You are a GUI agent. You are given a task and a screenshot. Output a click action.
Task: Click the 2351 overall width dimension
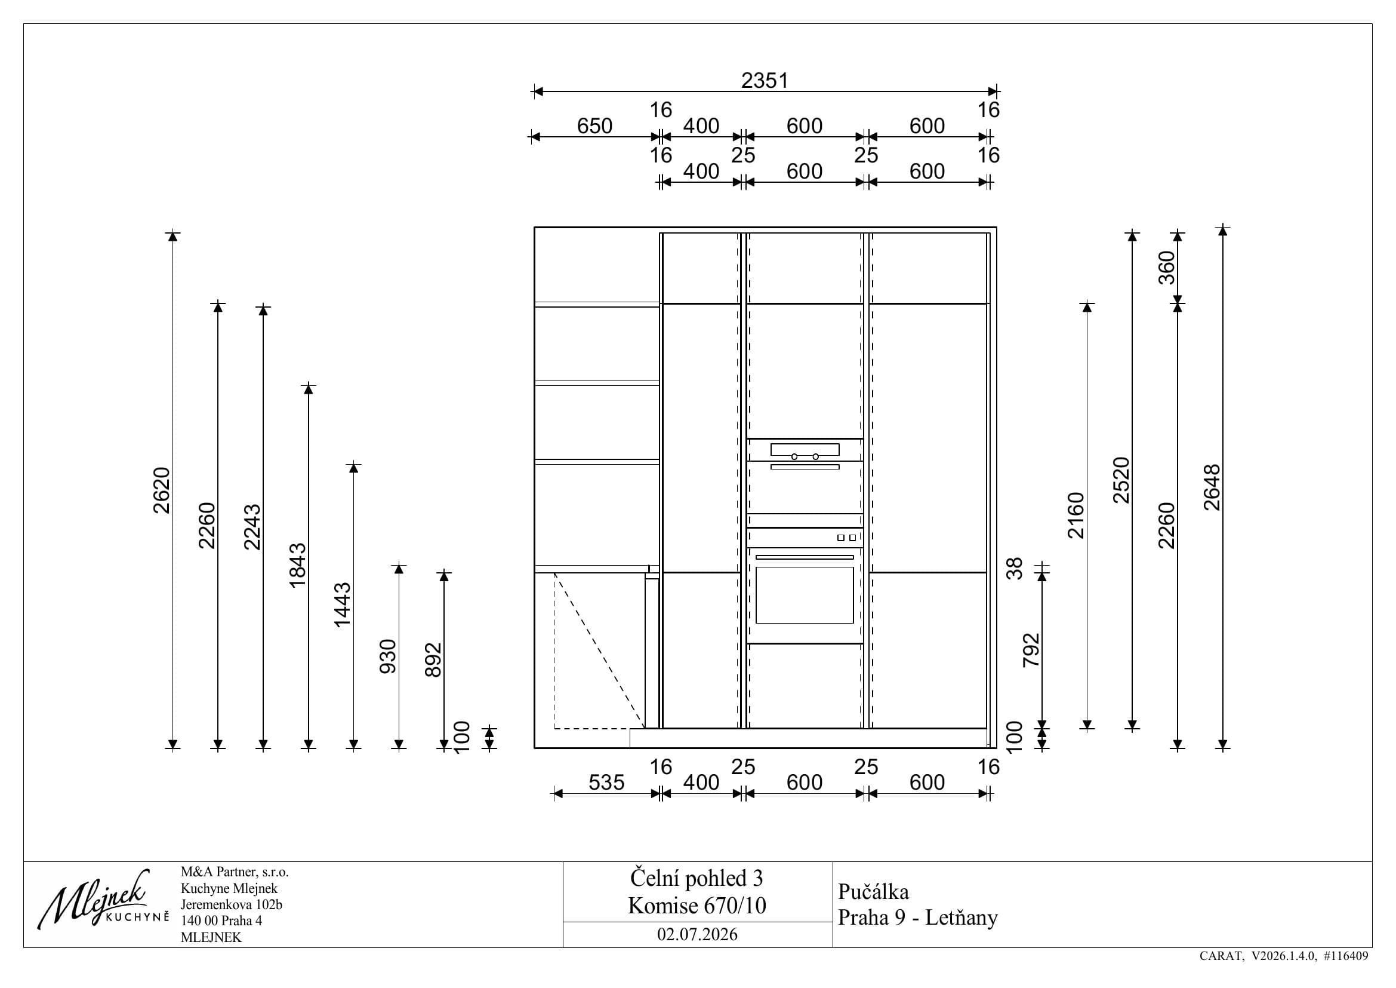coord(765,80)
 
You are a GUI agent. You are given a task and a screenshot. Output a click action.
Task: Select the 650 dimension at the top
coord(594,126)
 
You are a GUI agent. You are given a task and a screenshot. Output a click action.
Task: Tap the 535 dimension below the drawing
coord(606,783)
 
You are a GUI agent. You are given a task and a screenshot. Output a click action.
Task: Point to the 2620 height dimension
coord(162,490)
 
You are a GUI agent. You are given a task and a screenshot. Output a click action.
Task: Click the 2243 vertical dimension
coord(252,526)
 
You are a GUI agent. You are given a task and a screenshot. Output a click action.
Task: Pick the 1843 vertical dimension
coord(297,565)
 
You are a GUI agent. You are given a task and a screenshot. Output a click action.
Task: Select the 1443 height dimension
coord(343,605)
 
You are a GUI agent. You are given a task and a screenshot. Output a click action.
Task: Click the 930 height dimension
coord(388,656)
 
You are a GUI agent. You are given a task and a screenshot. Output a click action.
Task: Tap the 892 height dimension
coord(433,660)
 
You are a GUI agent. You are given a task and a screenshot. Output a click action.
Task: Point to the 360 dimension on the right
coord(1167,268)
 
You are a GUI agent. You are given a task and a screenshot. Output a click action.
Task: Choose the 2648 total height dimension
coord(1212,487)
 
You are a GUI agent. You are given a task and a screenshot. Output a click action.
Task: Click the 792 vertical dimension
coord(1031,651)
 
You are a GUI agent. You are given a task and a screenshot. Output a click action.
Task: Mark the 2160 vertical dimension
coord(1076,516)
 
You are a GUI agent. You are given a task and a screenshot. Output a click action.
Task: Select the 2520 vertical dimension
coord(1121,480)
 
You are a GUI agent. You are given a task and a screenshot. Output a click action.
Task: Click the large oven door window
coord(805,595)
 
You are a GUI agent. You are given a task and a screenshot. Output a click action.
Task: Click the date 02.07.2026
coord(697,934)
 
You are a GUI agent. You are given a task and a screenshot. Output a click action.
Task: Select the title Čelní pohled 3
coord(697,879)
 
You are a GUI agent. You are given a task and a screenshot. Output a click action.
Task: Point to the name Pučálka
coord(874,892)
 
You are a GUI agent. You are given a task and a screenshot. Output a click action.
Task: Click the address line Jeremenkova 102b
coord(232,904)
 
